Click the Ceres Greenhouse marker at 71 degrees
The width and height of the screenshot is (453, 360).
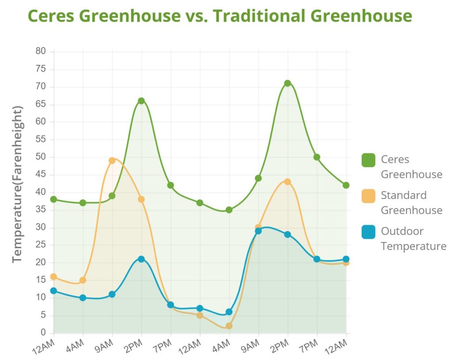click(288, 83)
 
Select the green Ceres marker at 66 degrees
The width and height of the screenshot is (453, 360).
click(141, 101)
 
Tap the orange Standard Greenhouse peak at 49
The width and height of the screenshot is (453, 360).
click(112, 161)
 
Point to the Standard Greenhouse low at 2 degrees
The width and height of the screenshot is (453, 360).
click(229, 326)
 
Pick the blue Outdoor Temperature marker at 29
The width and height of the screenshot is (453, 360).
click(258, 231)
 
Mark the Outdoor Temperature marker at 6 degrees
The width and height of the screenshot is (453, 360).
click(229, 312)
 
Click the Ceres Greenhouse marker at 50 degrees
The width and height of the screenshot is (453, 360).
click(317, 157)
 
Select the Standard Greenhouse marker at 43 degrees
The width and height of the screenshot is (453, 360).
click(288, 182)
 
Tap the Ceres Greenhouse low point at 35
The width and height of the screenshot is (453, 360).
click(229, 210)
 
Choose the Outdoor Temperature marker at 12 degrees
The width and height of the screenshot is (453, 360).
click(54, 291)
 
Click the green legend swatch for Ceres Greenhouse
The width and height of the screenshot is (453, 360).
click(368, 160)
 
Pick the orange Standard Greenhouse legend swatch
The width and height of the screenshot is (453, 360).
click(368, 195)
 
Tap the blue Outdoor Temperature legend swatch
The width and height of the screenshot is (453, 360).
click(368, 231)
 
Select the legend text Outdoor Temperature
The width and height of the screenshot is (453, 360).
click(413, 238)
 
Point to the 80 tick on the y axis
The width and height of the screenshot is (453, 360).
click(40, 51)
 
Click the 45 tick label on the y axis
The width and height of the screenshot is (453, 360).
click(40, 175)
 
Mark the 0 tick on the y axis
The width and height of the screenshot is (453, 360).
click(43, 333)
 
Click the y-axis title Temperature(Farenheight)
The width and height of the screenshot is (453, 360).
click(18, 185)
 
